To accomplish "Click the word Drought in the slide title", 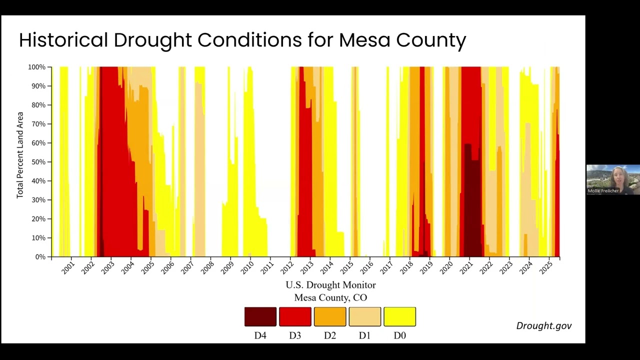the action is pos(153,40).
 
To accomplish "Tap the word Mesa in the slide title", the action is pos(364,40).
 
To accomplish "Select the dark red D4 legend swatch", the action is pos(260,316).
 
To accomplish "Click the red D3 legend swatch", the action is pos(295,316).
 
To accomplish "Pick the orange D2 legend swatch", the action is pos(330,316).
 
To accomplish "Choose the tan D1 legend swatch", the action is pos(365,316).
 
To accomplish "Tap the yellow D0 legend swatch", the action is pos(399,316).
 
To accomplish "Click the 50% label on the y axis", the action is pos(38,162).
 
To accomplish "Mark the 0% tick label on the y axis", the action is pos(40,257).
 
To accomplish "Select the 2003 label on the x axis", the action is pos(107,268).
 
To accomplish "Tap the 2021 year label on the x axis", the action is pos(466,268).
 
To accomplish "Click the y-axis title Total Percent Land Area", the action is pos(19,155).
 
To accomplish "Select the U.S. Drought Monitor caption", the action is pos(330,285).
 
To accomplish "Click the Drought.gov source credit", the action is pos(544,325).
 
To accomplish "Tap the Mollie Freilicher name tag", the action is pos(603,191).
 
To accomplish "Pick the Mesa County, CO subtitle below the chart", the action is pos(330,297).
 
